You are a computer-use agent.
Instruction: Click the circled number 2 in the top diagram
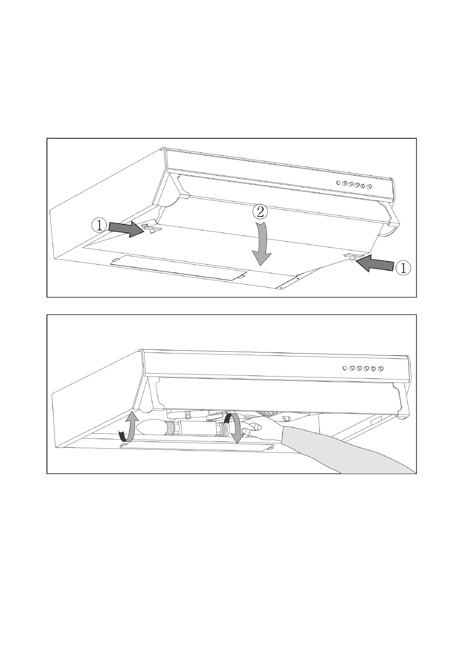pyautogui.click(x=260, y=213)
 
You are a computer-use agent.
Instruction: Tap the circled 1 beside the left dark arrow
pyautogui.click(x=99, y=226)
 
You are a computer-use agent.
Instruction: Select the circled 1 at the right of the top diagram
pyautogui.click(x=402, y=268)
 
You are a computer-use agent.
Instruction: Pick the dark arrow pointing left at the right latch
pyautogui.click(x=375, y=262)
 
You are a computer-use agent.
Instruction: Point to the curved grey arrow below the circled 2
pyautogui.click(x=263, y=244)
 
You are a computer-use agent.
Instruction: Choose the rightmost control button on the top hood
pyautogui.click(x=369, y=187)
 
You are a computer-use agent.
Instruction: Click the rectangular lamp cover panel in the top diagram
pyautogui.click(x=179, y=267)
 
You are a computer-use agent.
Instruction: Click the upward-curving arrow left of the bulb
pyautogui.click(x=127, y=430)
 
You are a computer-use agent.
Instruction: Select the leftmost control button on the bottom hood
pyautogui.click(x=344, y=368)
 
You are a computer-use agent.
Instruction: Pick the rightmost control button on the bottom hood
pyautogui.click(x=381, y=368)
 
